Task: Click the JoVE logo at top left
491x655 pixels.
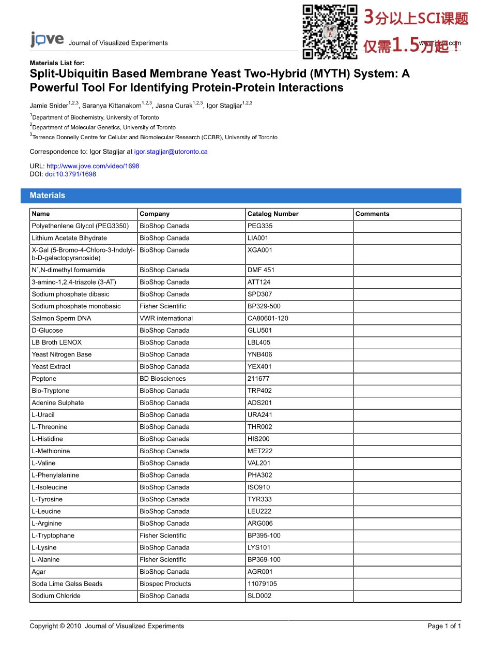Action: (x=47, y=40)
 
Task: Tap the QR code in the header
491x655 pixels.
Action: (x=330, y=32)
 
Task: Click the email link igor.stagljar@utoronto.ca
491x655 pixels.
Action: (x=171, y=152)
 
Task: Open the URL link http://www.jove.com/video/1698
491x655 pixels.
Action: (x=93, y=166)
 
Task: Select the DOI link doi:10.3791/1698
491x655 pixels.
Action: (x=70, y=174)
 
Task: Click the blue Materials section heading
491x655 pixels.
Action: (x=48, y=196)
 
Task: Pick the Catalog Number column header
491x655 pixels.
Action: (x=273, y=214)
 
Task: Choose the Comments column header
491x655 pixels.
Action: (x=372, y=214)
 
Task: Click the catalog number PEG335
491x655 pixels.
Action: (x=260, y=226)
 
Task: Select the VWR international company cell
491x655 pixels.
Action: (x=166, y=318)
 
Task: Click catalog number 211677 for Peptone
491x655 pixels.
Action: (x=258, y=379)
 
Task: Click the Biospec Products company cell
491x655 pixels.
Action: (x=165, y=584)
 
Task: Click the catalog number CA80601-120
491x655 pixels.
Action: (x=268, y=318)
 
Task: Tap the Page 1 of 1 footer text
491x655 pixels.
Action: (x=444, y=626)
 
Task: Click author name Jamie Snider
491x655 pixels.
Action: (x=49, y=106)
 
